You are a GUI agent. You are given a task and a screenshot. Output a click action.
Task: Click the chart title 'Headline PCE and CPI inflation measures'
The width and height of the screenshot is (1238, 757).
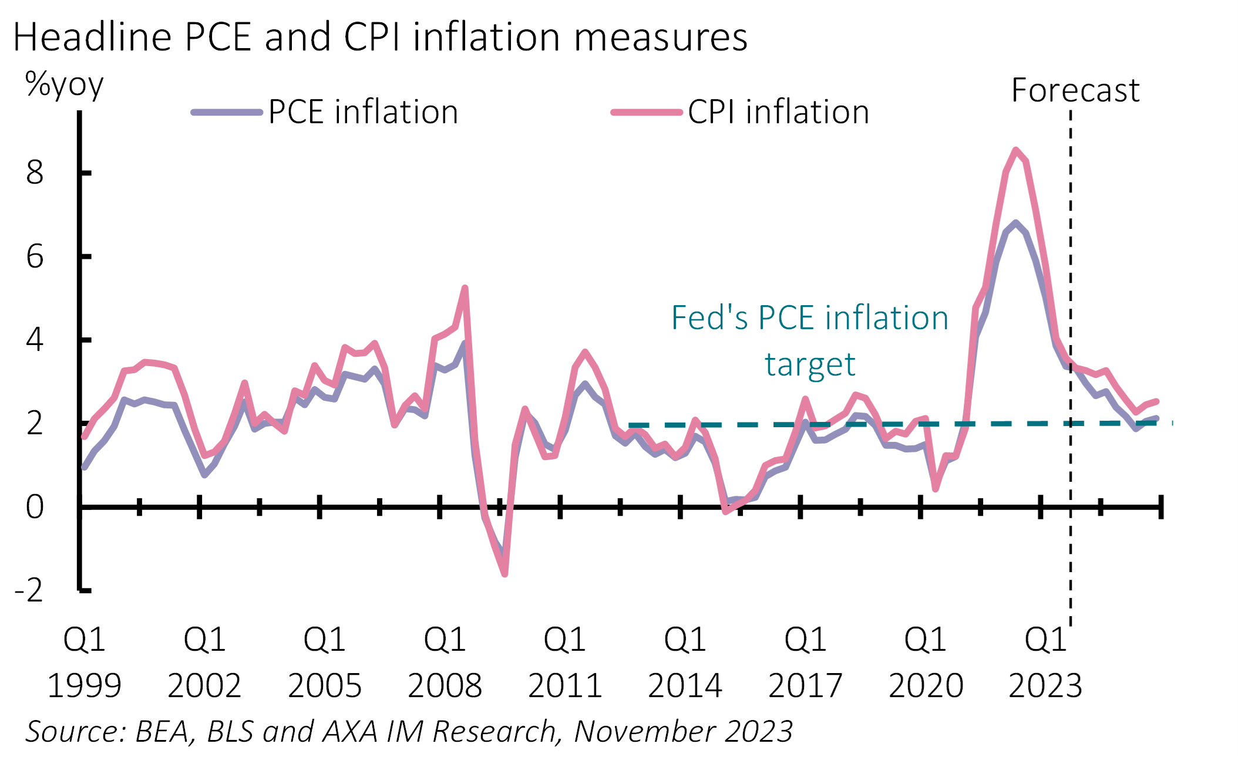point(380,38)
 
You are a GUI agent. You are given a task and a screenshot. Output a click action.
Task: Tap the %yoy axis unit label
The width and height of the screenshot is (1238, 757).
point(64,86)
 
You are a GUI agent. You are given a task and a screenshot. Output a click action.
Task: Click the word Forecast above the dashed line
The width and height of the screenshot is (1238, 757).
point(1075,90)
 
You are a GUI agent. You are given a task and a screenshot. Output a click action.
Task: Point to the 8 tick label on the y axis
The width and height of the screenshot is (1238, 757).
point(35,173)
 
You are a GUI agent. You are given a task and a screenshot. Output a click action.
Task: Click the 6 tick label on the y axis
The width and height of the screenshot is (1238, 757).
point(35,257)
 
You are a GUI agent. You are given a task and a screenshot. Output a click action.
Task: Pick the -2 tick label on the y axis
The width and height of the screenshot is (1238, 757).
point(29,590)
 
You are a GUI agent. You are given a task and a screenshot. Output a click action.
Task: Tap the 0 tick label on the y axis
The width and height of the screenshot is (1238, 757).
point(35,507)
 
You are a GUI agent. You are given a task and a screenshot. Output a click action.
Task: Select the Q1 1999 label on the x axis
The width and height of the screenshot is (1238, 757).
point(84,662)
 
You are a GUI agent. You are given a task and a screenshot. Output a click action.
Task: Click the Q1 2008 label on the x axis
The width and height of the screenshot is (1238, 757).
point(445,662)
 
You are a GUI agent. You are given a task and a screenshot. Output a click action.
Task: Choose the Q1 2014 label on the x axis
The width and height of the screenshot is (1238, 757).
point(685,662)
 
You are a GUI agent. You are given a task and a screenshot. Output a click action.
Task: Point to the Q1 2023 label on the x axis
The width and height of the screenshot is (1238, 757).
point(1045,662)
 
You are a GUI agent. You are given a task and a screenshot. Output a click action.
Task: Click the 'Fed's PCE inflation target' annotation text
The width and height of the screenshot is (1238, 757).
point(810,341)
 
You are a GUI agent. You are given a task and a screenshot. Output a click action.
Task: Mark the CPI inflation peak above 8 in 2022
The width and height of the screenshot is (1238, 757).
point(1016,150)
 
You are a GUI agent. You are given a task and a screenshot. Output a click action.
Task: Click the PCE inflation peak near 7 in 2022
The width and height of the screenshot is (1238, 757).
point(1015,222)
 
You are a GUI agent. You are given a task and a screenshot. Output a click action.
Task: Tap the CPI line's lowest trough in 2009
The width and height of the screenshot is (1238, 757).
point(505,574)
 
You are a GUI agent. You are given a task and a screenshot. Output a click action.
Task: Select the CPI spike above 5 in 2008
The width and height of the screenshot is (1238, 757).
point(465,288)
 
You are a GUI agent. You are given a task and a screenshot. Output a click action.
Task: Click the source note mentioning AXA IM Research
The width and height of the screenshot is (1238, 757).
point(409,732)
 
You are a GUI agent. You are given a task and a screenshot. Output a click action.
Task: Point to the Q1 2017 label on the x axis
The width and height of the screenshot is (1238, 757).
point(805,662)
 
